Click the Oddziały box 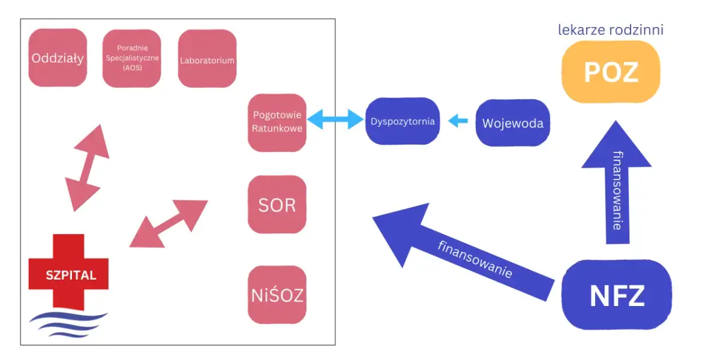click(58, 58)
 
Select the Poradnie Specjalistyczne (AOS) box click(131, 58)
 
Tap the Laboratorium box click(207, 59)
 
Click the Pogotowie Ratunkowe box click(277, 122)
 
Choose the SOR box click(277, 205)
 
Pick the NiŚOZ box click(277, 295)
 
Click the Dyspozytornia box click(403, 121)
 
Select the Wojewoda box click(512, 124)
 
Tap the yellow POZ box click(611, 72)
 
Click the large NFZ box click(617, 295)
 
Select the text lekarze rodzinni click(611, 29)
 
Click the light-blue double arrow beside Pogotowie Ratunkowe click(336, 119)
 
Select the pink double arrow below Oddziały click(86, 168)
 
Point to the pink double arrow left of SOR click(169, 223)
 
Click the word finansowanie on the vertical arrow click(617, 191)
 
